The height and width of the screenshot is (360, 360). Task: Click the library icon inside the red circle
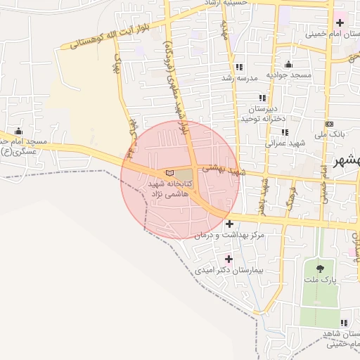(167, 172)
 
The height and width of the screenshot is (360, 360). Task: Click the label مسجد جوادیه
(286, 75)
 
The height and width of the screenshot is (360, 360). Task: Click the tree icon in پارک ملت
(321, 267)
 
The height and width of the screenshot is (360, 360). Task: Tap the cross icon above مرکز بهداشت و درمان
(229, 224)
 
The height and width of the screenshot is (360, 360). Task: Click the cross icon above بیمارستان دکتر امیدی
(229, 259)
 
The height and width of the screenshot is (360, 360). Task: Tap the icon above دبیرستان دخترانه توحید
(262, 98)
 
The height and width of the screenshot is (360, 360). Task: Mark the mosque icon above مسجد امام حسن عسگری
(18, 131)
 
